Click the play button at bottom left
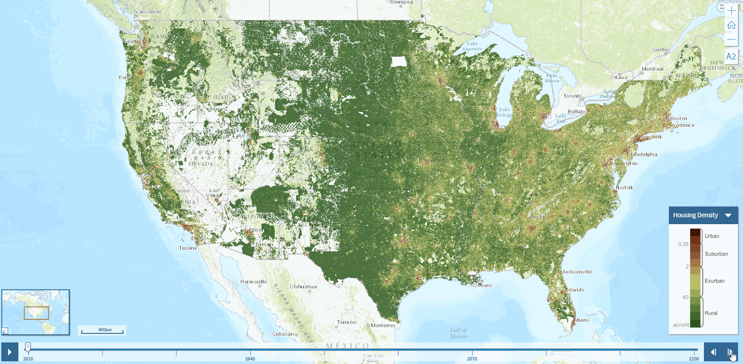[9, 352]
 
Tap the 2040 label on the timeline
[250, 358]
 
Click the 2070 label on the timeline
[472, 358]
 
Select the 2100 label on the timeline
[694, 358]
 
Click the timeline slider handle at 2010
[28, 347]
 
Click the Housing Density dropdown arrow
[728, 215]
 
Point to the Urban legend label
[712, 236]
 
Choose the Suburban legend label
[716, 254]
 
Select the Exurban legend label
[714, 281]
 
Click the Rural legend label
[711, 313]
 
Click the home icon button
[731, 25]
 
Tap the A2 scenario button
[731, 56]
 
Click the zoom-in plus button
[731, 11]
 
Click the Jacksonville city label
[577, 272]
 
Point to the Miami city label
[581, 320]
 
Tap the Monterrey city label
[383, 325]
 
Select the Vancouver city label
[148, 12]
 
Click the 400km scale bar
[102, 331]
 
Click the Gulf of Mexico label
[458, 333]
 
